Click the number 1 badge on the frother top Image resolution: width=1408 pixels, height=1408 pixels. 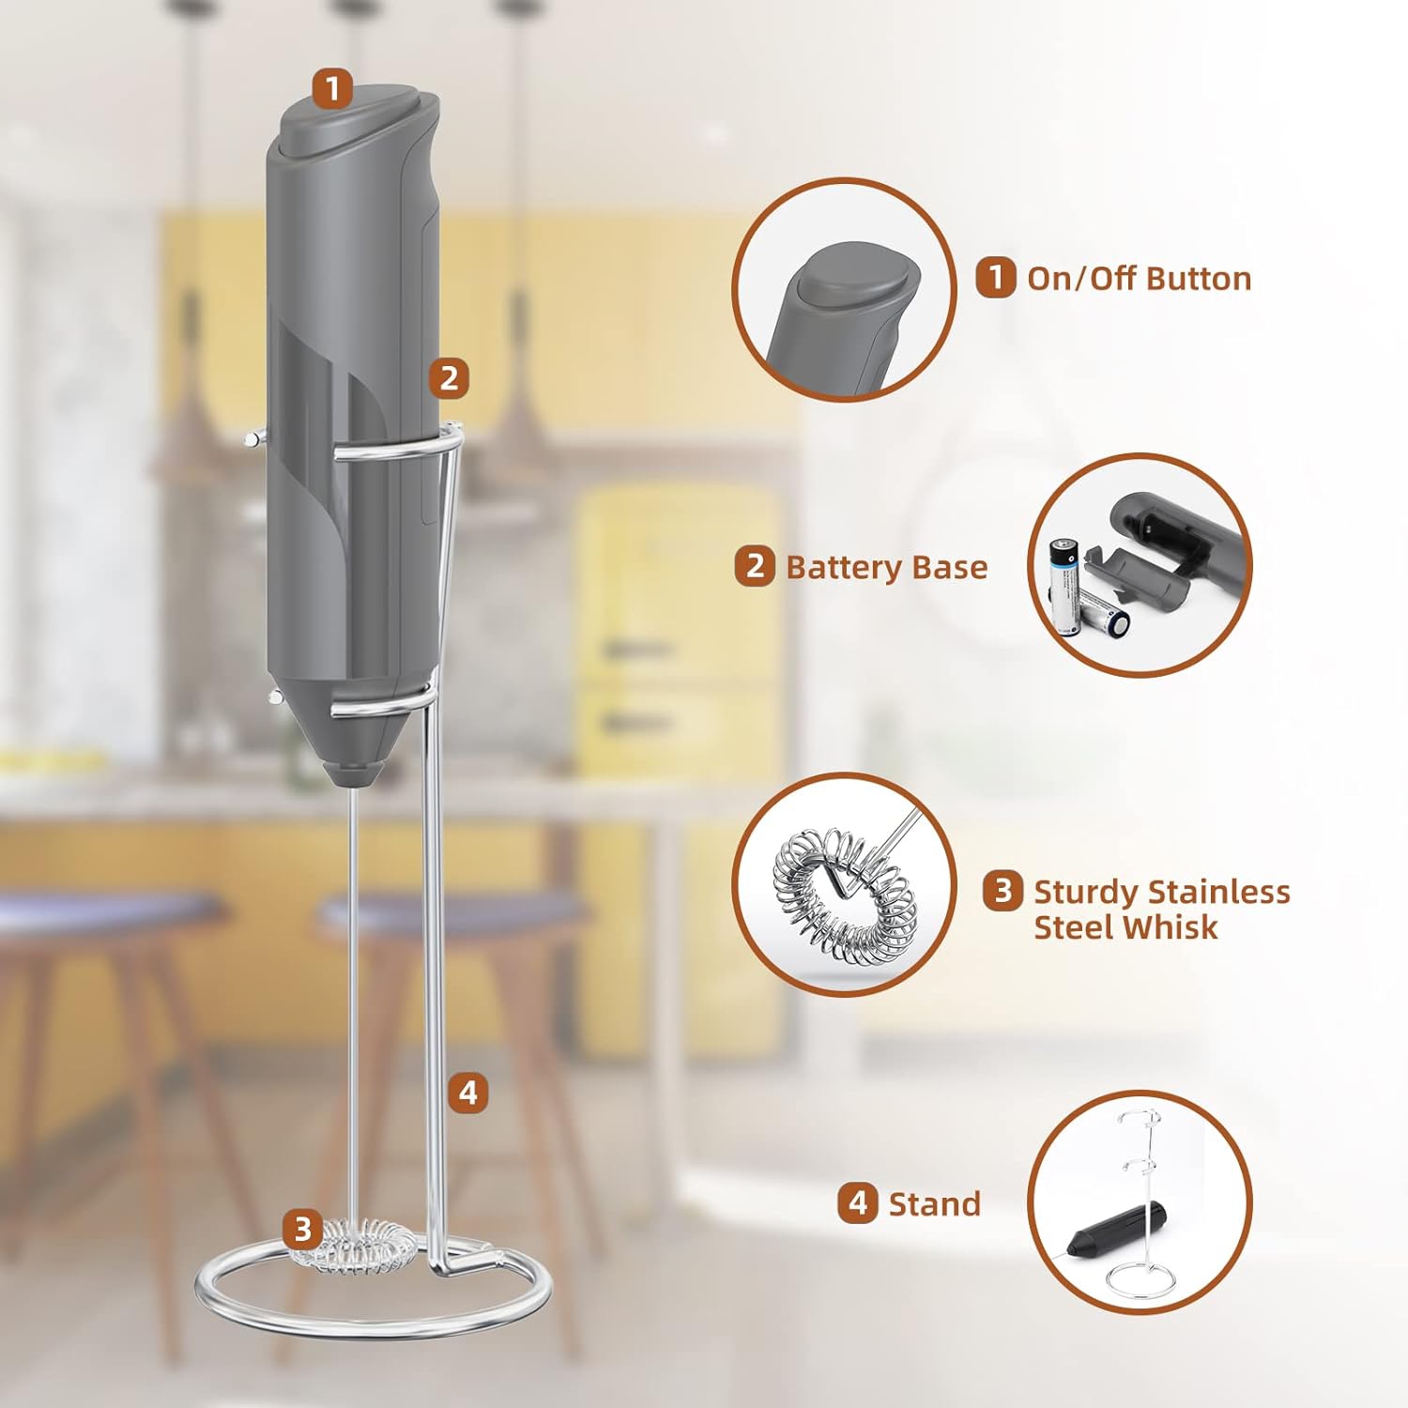[332, 89]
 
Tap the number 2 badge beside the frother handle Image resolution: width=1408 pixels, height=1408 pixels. [449, 377]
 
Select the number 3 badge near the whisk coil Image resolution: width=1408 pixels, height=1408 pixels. [302, 1228]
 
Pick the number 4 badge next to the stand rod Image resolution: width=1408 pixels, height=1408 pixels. [467, 1093]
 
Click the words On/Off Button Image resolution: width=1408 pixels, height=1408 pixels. [1139, 279]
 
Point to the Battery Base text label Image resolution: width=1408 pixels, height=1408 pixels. [886, 567]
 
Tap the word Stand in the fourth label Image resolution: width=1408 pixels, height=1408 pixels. [934, 1203]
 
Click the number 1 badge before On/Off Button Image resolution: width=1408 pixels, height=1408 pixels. [995, 278]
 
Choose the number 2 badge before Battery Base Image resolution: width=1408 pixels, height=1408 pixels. [755, 566]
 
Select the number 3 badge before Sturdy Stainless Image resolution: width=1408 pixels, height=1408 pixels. [1002, 890]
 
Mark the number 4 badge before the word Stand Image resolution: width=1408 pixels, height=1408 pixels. [858, 1202]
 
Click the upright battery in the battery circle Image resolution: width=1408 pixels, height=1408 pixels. [1065, 587]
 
